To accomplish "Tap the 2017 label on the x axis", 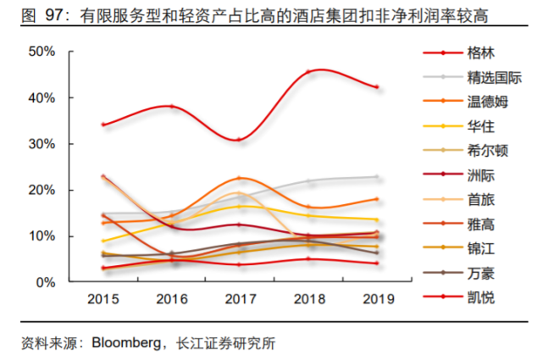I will (x=240, y=300).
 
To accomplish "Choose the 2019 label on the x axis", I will (x=376, y=300).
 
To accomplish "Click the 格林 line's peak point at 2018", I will (x=308, y=72).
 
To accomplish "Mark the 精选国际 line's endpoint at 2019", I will (x=376, y=177).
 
